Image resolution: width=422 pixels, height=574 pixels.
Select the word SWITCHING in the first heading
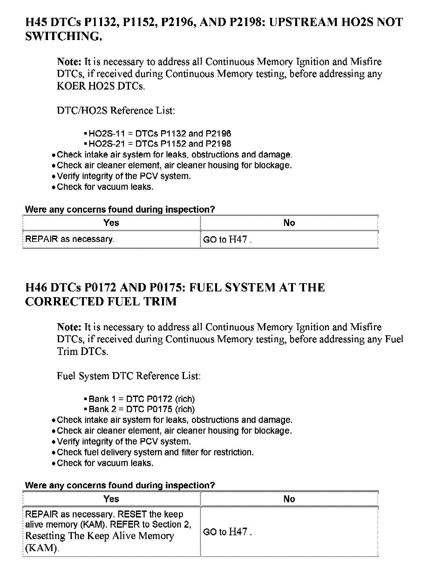click(63, 37)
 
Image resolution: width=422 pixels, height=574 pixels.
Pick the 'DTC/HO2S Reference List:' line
click(116, 110)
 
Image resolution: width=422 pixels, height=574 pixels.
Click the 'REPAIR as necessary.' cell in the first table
click(70, 239)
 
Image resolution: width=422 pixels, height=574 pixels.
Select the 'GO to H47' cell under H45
click(227, 239)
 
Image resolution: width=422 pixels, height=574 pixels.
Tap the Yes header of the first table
click(111, 223)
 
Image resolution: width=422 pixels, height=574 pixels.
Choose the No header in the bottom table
click(289, 499)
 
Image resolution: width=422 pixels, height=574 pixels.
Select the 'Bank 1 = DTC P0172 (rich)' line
click(141, 399)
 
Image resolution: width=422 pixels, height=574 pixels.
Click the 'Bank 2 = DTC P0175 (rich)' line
click(141, 409)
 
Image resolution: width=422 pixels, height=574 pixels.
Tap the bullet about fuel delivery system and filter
click(155, 452)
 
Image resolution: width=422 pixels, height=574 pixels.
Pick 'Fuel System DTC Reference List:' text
click(129, 376)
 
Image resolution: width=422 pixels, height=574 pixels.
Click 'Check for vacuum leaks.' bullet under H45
click(105, 187)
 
